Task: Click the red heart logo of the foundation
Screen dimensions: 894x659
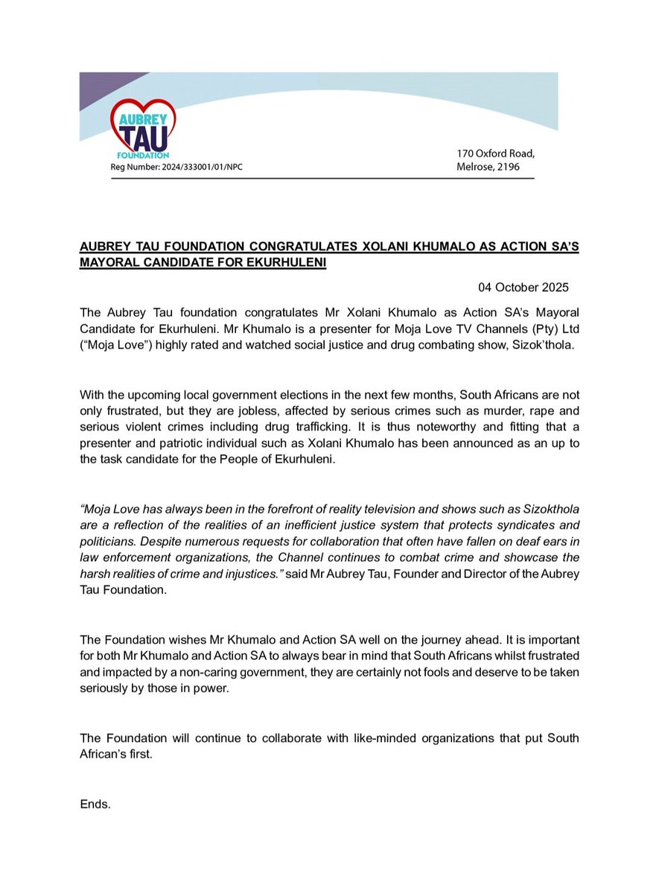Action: [x=142, y=127]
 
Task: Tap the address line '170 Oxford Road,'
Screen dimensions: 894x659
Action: [x=495, y=153]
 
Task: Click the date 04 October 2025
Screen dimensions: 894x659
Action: [x=523, y=287]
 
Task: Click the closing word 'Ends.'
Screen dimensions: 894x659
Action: [x=95, y=805]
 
